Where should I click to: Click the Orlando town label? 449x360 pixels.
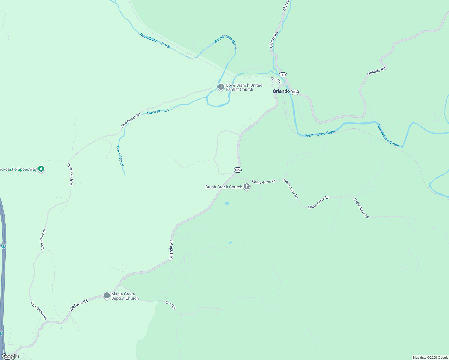tap(281, 91)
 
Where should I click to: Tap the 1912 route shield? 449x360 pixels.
tap(283, 74)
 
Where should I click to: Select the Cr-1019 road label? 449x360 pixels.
tap(276, 80)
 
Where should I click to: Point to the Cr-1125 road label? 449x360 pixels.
tap(170, 305)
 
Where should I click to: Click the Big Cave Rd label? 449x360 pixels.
tap(79, 305)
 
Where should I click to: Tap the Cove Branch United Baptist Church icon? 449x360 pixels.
tap(221, 87)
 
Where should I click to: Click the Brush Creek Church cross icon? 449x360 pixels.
tap(247, 187)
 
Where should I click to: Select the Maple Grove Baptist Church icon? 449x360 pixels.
tap(107, 296)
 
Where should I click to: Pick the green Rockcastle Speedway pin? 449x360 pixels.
tap(41, 169)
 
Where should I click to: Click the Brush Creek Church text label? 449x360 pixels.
tap(224, 187)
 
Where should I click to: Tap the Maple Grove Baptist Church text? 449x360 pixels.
tap(125, 296)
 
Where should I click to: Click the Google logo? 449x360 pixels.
tap(10, 356)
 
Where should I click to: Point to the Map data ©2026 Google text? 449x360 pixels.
tap(430, 358)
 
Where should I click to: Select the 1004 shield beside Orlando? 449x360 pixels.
tap(295, 92)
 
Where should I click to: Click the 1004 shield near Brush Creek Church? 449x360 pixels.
tap(237, 170)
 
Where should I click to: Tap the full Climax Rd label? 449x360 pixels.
tap(273, 40)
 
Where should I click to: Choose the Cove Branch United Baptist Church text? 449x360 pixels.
tap(244, 87)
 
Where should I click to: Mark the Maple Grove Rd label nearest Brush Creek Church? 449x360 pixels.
tap(264, 182)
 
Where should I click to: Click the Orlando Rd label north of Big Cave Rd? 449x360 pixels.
tap(171, 250)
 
